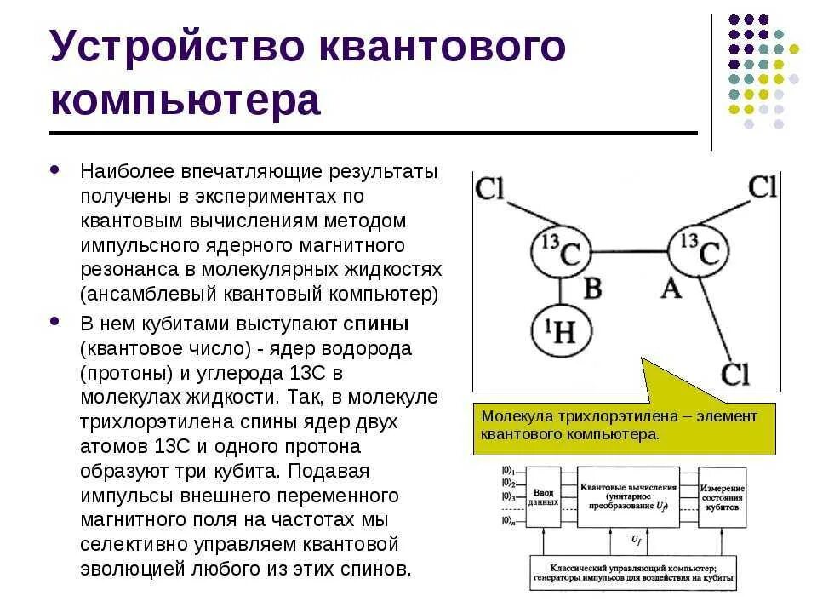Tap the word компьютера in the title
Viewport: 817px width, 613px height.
pos(186,100)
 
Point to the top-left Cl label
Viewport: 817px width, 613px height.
pos(492,188)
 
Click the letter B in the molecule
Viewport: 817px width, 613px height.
pos(592,289)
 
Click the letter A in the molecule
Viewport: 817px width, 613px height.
pos(671,289)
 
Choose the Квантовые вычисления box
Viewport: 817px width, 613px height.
pos(628,496)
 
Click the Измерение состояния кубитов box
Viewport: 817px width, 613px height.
pos(723,498)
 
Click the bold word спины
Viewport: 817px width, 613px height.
pos(377,325)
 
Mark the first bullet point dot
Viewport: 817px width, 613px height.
pos(56,170)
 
